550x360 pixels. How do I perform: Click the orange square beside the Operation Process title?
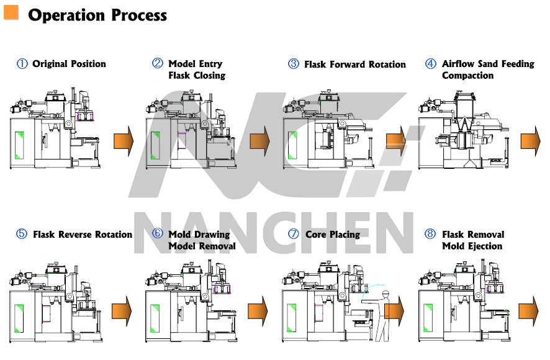(11, 12)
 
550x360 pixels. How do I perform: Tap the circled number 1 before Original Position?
(22, 64)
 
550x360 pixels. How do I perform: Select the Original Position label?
(69, 64)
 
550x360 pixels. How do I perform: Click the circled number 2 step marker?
(158, 64)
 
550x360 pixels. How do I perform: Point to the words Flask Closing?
(197, 76)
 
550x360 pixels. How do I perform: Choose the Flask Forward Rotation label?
(354, 65)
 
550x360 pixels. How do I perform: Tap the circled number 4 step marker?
(430, 64)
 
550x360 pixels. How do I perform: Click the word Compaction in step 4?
(467, 76)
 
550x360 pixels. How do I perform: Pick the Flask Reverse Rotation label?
(82, 235)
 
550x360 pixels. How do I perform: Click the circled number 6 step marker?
(158, 234)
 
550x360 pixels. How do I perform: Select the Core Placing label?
(332, 235)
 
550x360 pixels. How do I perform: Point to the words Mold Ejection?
(472, 246)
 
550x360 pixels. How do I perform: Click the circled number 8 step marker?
(430, 234)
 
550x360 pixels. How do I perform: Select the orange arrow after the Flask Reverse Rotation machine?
(122, 310)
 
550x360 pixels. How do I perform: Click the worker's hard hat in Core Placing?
(385, 292)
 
